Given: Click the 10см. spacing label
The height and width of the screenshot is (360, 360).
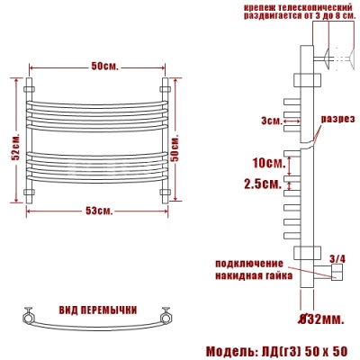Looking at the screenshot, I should pyautogui.click(x=268, y=163).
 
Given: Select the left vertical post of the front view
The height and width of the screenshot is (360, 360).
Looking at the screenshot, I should pyautogui.click(x=32, y=139).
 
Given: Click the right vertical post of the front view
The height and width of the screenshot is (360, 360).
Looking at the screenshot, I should pyautogui.click(x=166, y=139).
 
